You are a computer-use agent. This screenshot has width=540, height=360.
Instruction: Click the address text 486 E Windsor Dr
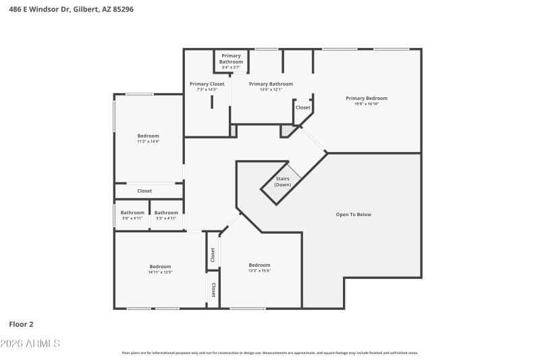(41, 9)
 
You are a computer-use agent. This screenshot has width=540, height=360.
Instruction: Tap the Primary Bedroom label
(367, 98)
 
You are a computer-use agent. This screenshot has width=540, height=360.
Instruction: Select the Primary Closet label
(207, 84)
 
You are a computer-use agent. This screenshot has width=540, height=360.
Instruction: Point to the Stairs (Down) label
(283, 182)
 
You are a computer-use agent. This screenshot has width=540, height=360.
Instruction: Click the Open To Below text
(354, 215)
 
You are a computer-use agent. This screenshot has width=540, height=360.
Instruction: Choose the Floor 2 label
(20, 324)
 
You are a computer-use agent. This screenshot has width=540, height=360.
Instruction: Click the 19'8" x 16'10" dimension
(367, 104)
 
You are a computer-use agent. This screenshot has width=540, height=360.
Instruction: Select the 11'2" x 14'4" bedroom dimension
(148, 141)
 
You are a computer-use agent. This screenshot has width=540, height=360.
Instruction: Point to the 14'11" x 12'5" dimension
(160, 272)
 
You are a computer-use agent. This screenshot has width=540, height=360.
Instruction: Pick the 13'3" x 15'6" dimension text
(259, 271)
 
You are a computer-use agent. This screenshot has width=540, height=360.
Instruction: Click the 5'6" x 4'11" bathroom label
(132, 218)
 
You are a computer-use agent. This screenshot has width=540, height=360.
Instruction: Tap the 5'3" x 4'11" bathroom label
(166, 218)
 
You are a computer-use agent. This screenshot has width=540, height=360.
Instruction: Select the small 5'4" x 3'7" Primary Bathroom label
(231, 68)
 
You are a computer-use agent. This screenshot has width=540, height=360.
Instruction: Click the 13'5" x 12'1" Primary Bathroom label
(265, 89)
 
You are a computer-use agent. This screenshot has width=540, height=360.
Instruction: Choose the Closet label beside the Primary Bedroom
(303, 107)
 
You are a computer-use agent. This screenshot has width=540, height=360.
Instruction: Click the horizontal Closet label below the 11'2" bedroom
(144, 191)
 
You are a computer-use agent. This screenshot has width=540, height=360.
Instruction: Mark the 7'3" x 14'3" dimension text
(207, 89)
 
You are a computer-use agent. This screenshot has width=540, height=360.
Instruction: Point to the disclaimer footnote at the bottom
(269, 353)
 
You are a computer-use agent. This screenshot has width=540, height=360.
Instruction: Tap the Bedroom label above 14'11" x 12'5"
(160, 266)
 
